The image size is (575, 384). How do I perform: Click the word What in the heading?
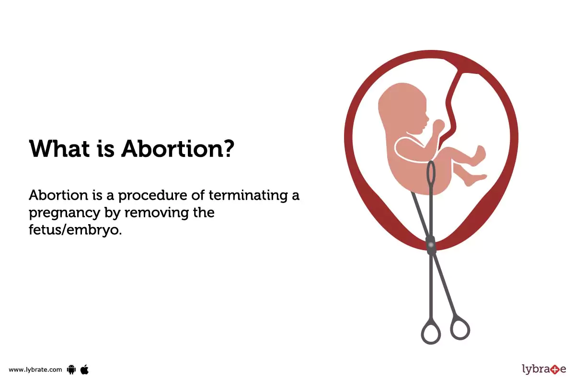point(58,149)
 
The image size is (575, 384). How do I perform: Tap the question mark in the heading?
point(228,149)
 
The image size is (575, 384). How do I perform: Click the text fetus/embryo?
point(75,230)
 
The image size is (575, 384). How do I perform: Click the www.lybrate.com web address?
point(35,370)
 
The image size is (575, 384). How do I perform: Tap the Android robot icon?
point(72,369)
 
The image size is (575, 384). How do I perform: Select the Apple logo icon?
point(85,369)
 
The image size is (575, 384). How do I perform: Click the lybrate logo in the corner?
point(544,369)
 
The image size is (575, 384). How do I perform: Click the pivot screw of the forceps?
point(431,245)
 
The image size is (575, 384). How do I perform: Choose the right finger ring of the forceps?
point(460,327)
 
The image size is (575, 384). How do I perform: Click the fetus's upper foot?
point(479,154)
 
